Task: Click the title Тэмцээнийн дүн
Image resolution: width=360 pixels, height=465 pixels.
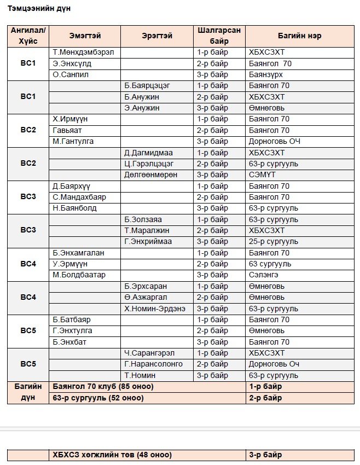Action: tap(39, 9)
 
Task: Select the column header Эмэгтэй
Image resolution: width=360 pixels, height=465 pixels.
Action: tap(85, 36)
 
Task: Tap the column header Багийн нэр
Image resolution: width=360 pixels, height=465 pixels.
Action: tap(299, 36)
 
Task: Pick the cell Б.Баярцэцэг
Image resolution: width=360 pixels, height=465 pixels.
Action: tap(147, 86)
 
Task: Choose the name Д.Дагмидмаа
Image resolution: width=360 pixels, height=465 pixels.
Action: tap(148, 153)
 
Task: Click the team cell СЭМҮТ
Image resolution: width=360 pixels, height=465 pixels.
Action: tap(262, 175)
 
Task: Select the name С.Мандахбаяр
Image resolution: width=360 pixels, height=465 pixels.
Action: tap(80, 197)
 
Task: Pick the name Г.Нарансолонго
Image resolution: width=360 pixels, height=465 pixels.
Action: tap(154, 364)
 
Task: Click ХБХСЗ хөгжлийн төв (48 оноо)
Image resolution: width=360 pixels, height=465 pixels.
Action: tap(112, 455)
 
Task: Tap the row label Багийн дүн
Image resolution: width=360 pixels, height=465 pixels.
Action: tap(28, 392)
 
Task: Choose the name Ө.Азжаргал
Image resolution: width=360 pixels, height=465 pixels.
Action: tap(146, 298)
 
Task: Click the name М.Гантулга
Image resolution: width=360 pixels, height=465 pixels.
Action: tap(73, 141)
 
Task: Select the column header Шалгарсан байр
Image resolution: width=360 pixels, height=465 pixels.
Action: tap(219, 36)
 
